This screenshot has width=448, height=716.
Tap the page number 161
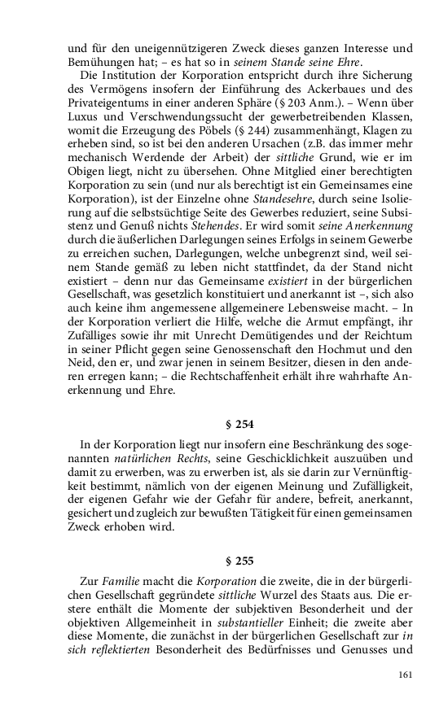(x=407, y=675)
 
